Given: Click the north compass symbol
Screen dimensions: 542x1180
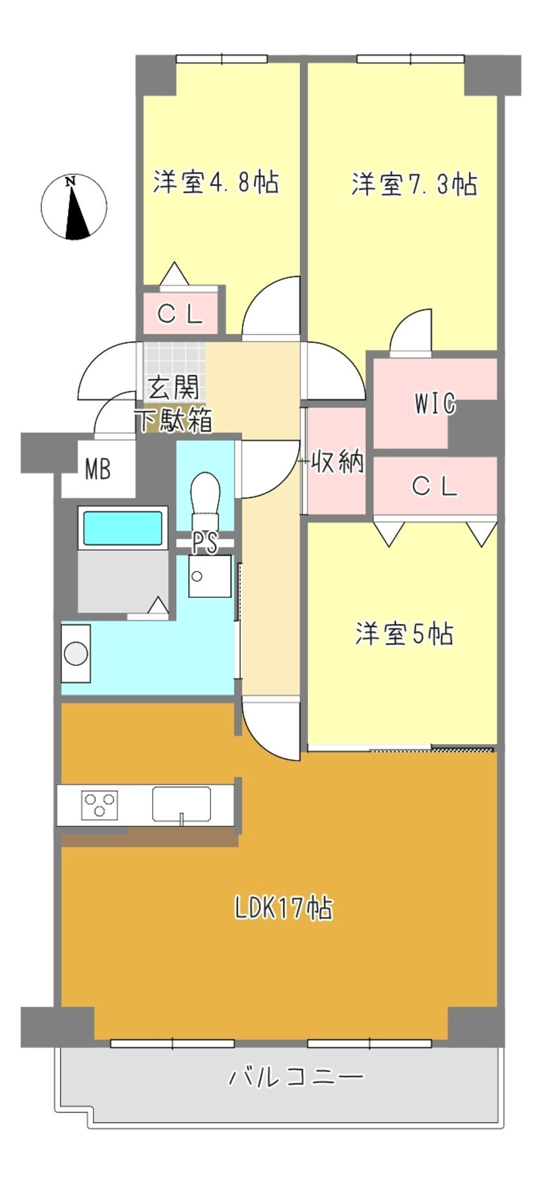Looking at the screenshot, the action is pos(74,207).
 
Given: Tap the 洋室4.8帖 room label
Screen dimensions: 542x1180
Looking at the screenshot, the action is pos(216,182).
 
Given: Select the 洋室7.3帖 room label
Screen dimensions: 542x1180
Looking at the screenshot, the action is pos(415,184).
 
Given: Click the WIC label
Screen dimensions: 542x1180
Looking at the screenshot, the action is pos(435,404).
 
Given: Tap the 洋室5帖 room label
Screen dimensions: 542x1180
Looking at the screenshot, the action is pos(404,634).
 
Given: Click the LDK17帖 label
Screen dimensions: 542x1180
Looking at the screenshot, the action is pos(284,909).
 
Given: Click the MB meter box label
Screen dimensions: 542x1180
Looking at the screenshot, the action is pos(97,470).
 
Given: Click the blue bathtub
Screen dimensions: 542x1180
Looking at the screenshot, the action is pos(123,528).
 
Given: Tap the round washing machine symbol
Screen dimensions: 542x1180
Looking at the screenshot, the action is pos(76,654).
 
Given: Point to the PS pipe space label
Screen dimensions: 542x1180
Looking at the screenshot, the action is pos(205,543).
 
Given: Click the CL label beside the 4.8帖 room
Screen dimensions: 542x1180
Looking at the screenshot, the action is pos(180,314).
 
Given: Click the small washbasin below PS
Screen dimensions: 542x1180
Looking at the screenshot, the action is pos(210,576).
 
